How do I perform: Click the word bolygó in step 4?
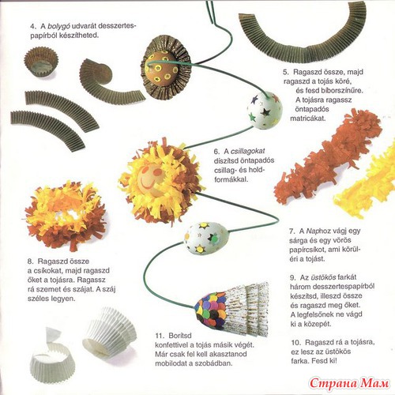(58, 27)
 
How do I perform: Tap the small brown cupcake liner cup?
(41, 62)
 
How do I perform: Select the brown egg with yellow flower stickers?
(161, 70)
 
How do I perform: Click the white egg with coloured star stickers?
(265, 110)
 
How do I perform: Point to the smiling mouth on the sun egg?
(147, 183)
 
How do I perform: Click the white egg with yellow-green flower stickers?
(208, 238)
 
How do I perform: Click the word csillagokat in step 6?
(248, 152)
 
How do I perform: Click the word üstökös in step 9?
(324, 277)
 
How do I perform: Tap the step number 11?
(160, 336)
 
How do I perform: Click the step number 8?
(31, 261)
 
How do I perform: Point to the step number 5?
(286, 72)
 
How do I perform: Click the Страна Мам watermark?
(349, 383)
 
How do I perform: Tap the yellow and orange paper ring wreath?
(66, 215)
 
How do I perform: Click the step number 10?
(296, 343)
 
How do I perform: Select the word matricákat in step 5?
(308, 118)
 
